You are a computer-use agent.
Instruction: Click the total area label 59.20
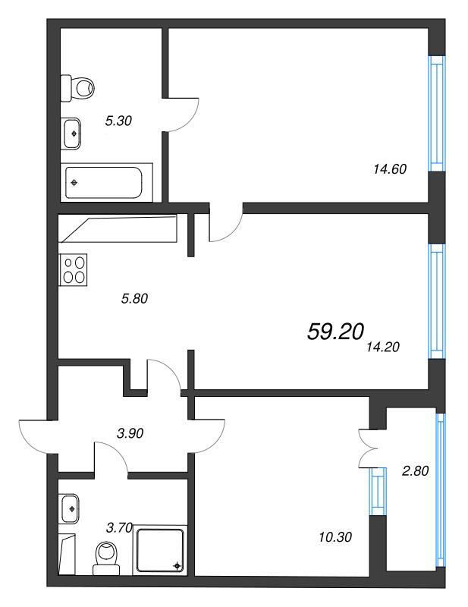[x=336, y=331]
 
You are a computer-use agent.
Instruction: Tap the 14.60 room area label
[x=390, y=169]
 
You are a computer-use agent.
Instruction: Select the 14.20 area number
[x=382, y=348]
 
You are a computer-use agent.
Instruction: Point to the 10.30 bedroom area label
[x=335, y=537]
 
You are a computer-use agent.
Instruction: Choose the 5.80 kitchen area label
[x=133, y=298]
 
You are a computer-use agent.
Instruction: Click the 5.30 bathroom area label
[x=119, y=120]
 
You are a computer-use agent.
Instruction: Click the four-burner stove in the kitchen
[x=74, y=269]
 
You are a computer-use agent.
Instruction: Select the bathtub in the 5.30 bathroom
[x=105, y=182]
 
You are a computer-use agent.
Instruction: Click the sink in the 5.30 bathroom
[x=72, y=133]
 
